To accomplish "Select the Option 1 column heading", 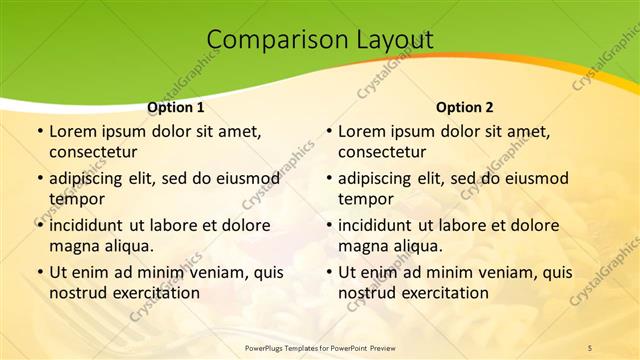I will [x=176, y=107].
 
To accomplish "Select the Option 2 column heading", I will [x=465, y=107].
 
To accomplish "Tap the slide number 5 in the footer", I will [x=590, y=347].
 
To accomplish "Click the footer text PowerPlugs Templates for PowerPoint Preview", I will [x=320, y=347].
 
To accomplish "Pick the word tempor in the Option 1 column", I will [x=74, y=199].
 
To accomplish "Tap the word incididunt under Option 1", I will [x=91, y=225].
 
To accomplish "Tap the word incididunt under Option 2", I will [x=380, y=225].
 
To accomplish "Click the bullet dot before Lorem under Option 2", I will [x=329, y=132].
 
